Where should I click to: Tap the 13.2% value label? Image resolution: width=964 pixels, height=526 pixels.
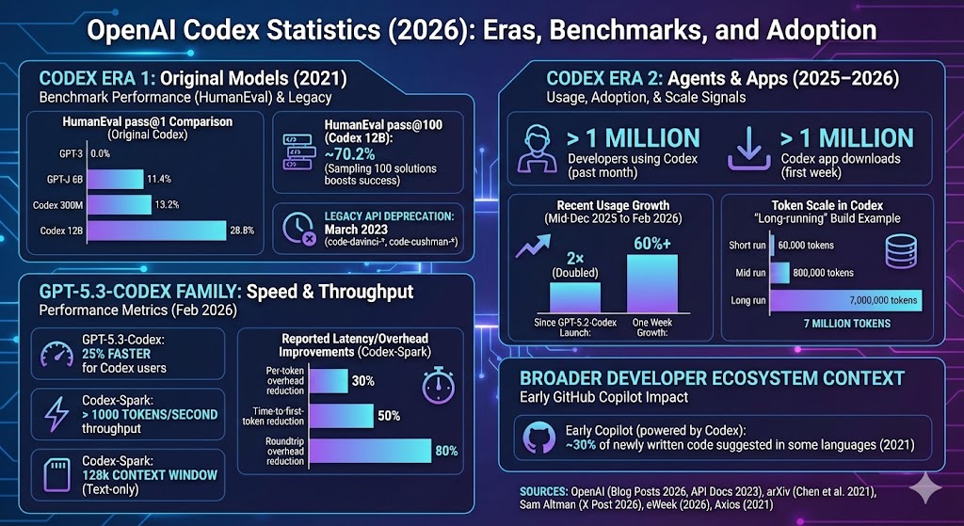[x=167, y=205]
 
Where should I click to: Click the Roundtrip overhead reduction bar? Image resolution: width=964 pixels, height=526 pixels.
[x=370, y=451]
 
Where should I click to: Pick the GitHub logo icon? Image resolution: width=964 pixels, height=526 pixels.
[x=538, y=436]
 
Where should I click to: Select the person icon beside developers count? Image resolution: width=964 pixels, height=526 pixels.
[x=538, y=149]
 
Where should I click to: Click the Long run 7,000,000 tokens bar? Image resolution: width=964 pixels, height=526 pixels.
[x=845, y=299]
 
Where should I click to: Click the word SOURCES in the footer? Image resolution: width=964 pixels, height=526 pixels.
[x=547, y=490]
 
